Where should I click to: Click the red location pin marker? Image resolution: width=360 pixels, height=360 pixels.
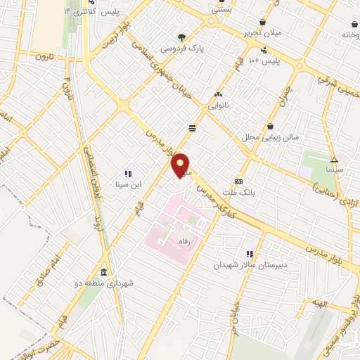point(181,165)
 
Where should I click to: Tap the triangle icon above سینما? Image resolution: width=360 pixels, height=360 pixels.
point(334,159)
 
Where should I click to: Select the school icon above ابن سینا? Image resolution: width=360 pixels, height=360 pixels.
point(128,173)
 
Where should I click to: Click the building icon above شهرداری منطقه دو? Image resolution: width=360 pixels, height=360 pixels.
point(104,272)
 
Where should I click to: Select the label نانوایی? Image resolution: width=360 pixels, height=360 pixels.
point(218,105)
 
